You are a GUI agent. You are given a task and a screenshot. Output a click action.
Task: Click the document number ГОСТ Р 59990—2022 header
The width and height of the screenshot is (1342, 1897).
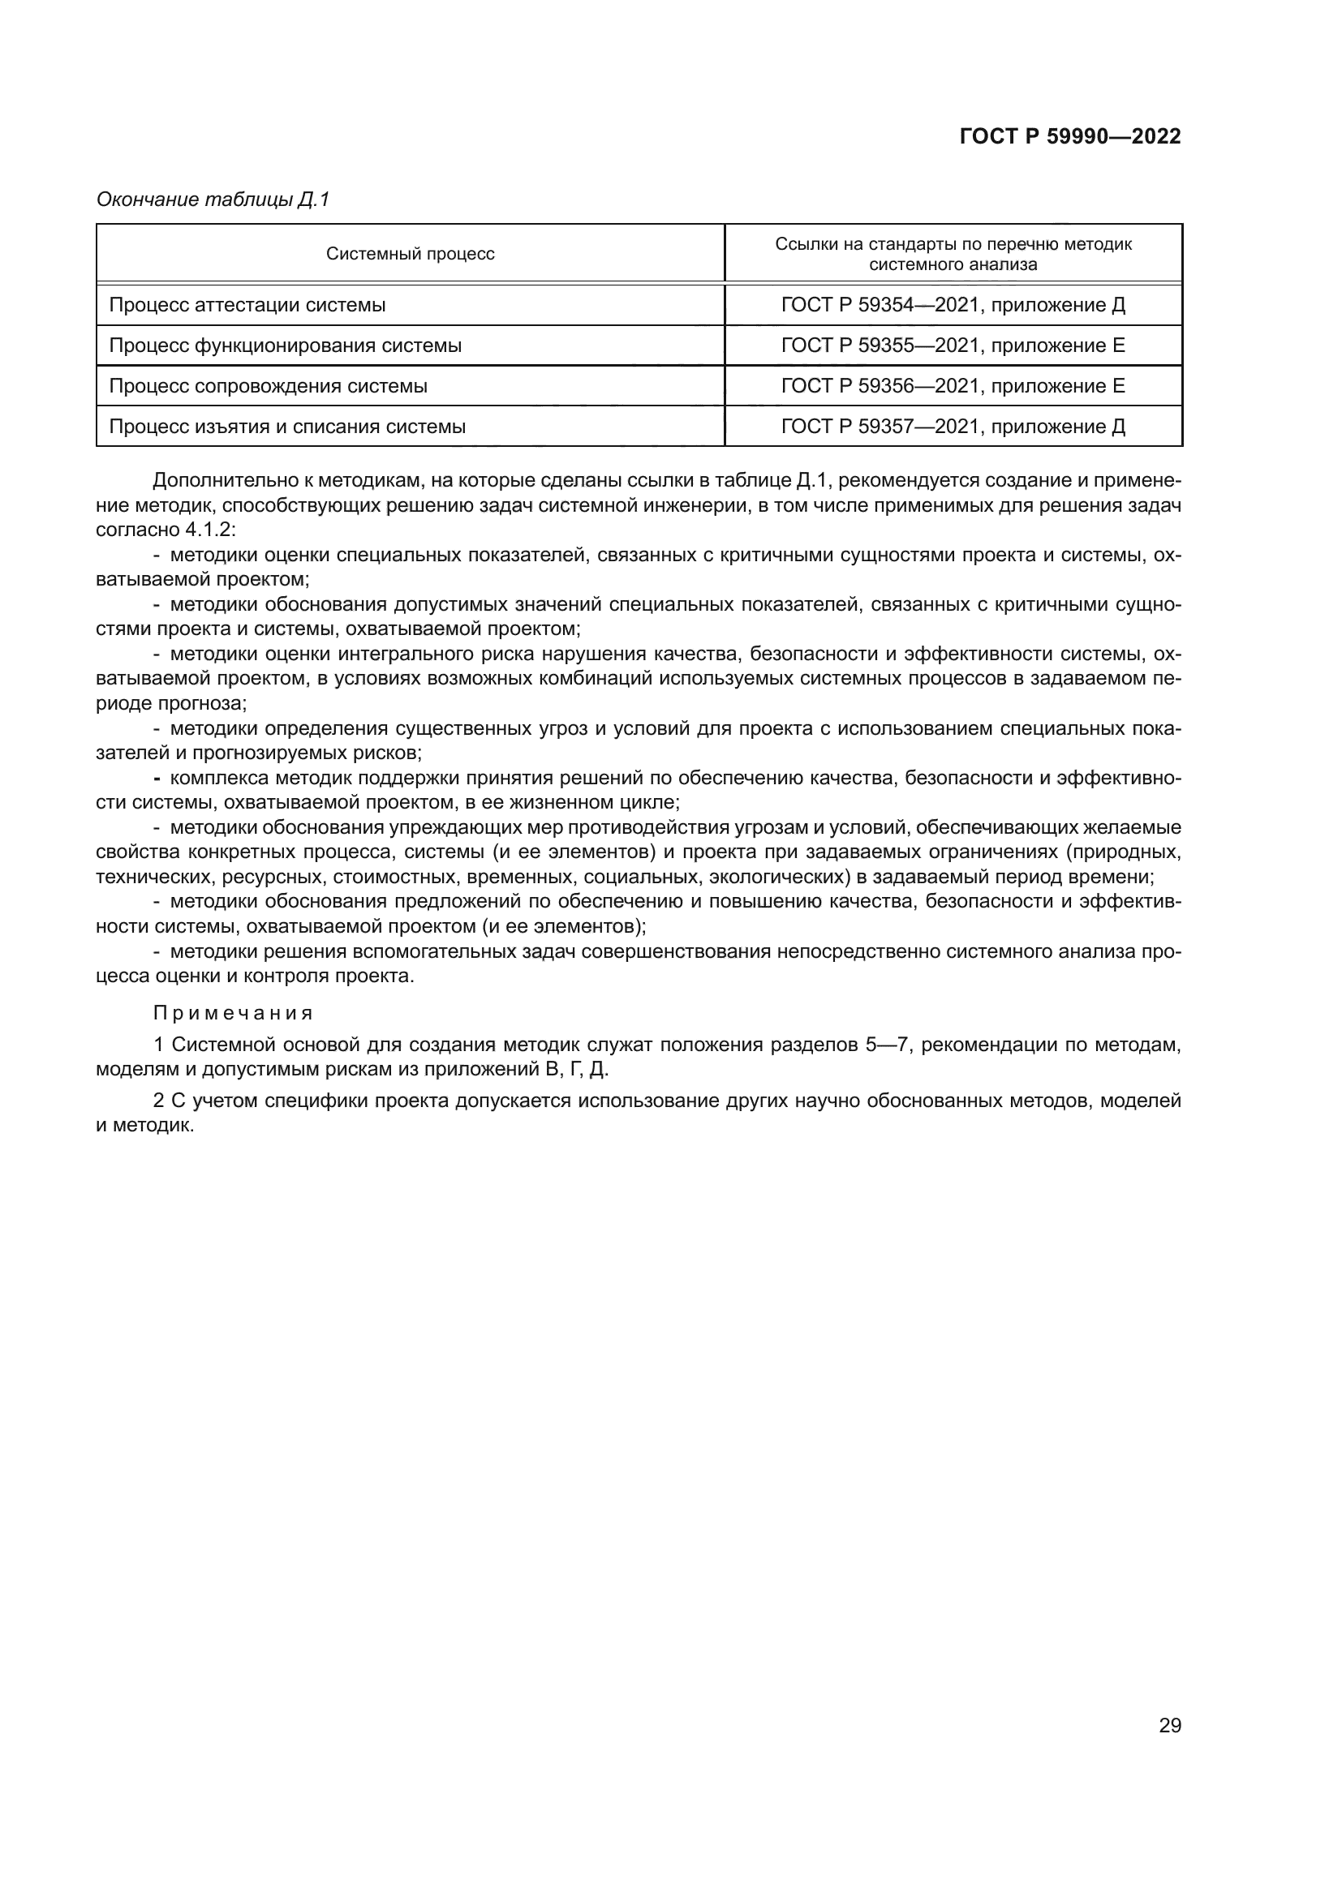(x=1069, y=137)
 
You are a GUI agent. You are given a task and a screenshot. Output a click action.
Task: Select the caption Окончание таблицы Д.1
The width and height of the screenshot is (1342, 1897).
(x=213, y=200)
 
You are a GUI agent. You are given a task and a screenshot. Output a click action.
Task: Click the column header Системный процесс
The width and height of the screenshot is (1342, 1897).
(x=410, y=254)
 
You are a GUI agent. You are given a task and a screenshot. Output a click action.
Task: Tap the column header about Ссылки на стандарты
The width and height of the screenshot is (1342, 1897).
(x=953, y=254)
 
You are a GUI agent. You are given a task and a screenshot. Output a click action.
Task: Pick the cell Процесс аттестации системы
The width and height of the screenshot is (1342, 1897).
(x=247, y=305)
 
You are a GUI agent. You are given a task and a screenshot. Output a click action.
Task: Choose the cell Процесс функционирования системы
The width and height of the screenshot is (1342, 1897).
(x=285, y=345)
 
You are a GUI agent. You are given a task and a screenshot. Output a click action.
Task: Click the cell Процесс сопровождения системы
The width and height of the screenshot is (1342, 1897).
(x=268, y=386)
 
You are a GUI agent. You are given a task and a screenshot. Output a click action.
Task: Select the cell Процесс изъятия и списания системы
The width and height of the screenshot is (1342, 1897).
(x=286, y=427)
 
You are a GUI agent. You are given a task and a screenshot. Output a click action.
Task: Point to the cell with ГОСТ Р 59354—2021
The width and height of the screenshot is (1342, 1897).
(x=953, y=305)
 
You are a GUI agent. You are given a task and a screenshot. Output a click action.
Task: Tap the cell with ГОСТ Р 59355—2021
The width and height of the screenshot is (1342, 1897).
(x=953, y=345)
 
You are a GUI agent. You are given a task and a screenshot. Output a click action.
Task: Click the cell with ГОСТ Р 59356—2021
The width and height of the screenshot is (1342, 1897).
(x=953, y=386)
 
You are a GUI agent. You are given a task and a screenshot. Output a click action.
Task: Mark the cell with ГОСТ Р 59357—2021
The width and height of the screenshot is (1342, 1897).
(x=953, y=427)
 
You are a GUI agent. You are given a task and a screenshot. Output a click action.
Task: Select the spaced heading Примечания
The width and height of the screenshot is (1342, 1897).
(x=232, y=1013)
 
